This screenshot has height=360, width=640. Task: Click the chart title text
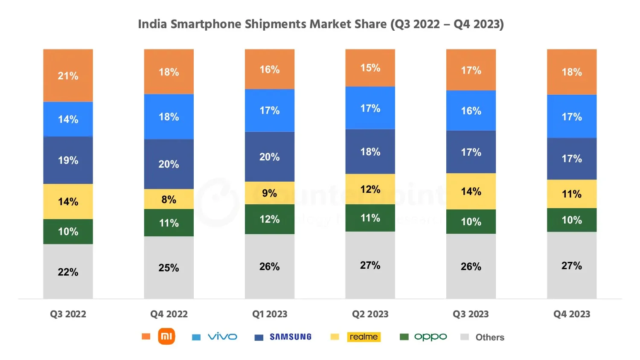click(x=320, y=24)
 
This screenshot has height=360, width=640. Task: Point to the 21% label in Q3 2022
click(x=68, y=76)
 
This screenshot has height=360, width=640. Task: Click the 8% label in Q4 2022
click(x=169, y=200)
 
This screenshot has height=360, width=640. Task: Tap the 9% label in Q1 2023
click(x=269, y=193)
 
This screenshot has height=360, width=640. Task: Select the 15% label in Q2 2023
click(x=370, y=68)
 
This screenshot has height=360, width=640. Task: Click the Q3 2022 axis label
click(x=68, y=314)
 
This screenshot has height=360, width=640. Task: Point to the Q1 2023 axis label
click(x=270, y=314)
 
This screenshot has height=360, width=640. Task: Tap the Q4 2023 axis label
click(x=572, y=314)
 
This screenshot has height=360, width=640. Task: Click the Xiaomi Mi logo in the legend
click(x=166, y=337)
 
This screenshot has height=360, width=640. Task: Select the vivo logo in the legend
click(x=222, y=337)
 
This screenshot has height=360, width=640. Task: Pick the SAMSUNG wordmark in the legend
click(x=291, y=337)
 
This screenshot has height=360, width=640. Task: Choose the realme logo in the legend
click(x=364, y=337)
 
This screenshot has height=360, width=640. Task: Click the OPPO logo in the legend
click(x=431, y=337)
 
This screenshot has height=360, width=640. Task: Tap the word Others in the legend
click(x=490, y=337)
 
